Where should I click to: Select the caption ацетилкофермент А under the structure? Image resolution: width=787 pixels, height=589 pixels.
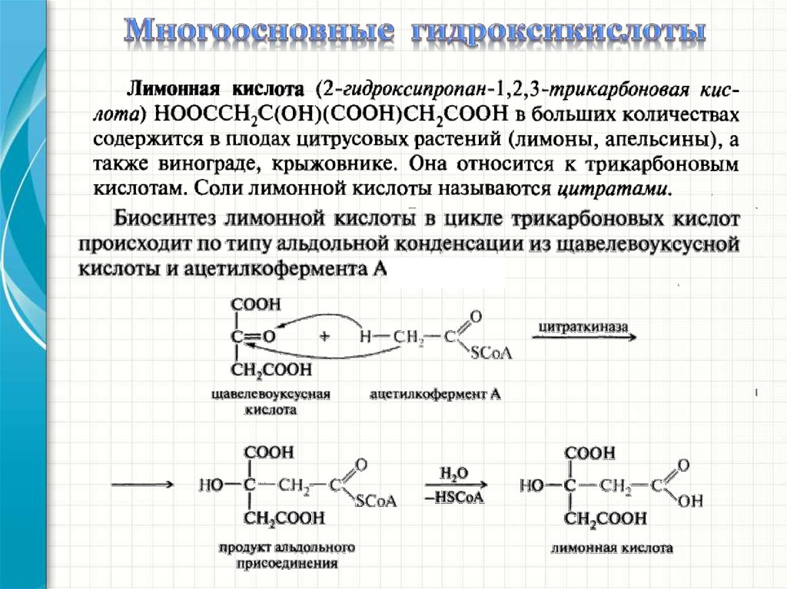click(x=435, y=394)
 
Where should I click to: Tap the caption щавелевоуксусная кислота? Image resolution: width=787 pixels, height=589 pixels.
click(x=271, y=402)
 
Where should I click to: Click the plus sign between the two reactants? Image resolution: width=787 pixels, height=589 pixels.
click(x=325, y=336)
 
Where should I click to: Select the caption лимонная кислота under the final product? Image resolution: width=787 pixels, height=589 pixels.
click(x=612, y=549)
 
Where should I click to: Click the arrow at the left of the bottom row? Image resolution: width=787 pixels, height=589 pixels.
click(x=141, y=485)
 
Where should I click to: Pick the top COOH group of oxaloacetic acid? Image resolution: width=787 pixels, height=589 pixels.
click(x=256, y=305)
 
